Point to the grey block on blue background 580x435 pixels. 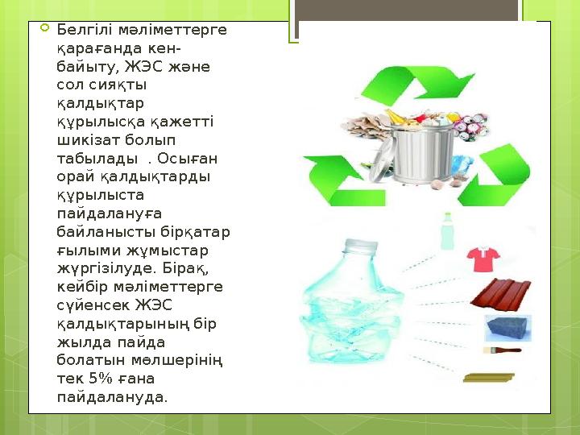pos(507,328)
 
